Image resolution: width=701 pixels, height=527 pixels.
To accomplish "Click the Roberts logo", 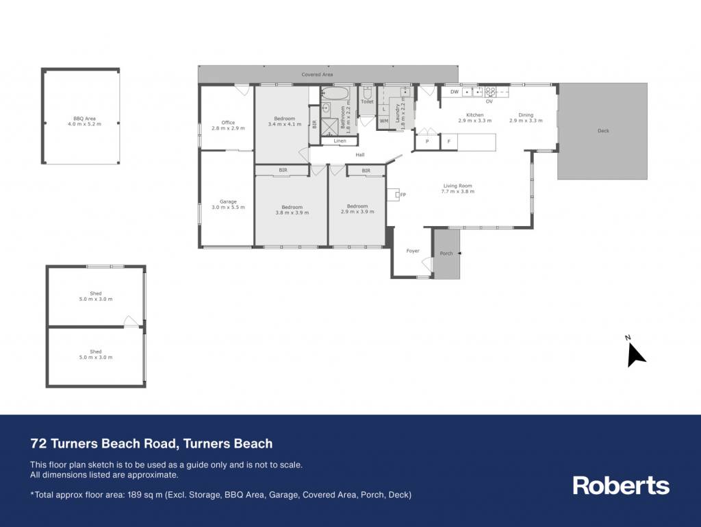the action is click(621, 485).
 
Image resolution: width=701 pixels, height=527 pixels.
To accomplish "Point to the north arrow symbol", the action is click(635, 354).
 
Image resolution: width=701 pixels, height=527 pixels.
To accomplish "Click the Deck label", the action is click(603, 131).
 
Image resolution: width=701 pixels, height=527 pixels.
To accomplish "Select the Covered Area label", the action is click(317, 74).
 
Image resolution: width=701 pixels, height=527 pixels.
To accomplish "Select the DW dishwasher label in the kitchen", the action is click(455, 92).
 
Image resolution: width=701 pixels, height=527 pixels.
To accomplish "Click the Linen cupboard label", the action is click(340, 141).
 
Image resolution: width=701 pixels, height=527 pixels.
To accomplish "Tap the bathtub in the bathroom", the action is click(335, 93).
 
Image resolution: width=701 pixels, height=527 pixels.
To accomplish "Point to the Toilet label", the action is click(367, 101).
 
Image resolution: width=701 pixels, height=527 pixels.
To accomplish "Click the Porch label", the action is click(446, 253).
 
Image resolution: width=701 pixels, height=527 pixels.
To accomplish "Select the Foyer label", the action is click(413, 251).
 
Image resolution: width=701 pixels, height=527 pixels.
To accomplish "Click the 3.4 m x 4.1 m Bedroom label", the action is click(285, 121).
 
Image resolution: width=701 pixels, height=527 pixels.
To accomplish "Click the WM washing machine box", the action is click(383, 121).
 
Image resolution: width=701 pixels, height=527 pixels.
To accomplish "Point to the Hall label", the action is click(360, 155).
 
